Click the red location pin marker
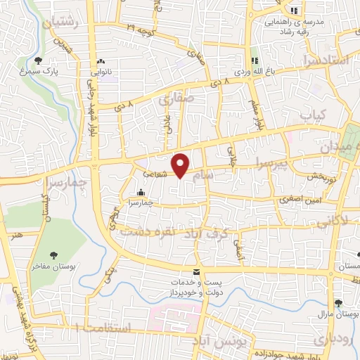(181, 165)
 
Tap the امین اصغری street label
(298, 200)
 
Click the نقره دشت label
(147, 231)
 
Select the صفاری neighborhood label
(174, 100)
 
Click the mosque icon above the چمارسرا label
(141, 192)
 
